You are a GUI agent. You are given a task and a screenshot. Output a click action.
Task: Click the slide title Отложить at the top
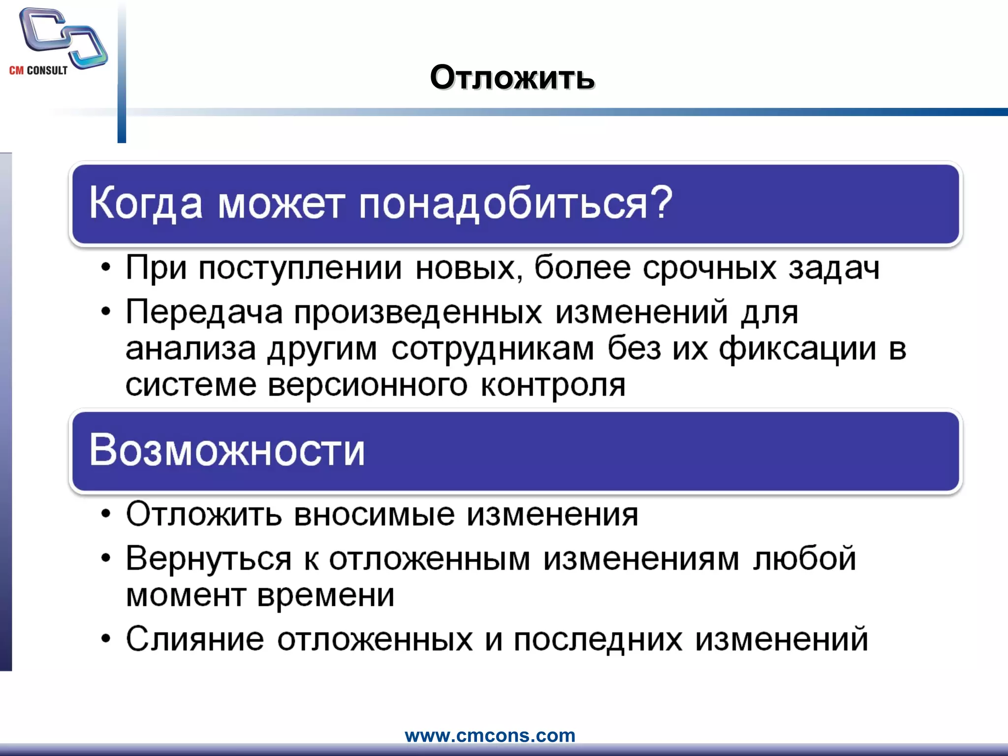512,78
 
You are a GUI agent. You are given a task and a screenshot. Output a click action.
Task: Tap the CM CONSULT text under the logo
38,70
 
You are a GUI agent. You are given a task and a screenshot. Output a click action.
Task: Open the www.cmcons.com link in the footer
490,735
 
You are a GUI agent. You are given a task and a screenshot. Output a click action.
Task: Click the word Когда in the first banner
146,203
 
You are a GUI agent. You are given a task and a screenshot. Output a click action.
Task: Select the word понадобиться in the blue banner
502,203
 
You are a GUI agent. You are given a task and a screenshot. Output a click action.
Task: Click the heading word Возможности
227,450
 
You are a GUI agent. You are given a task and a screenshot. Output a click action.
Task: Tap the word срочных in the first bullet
709,268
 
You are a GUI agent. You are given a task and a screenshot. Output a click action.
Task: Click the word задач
834,268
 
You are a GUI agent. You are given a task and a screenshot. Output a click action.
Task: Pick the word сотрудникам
492,348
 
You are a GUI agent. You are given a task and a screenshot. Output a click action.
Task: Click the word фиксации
797,348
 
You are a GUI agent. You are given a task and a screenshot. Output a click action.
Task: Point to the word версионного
367,385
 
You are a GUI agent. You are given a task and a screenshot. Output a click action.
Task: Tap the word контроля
553,385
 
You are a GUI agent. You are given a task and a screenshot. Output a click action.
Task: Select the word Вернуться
209,559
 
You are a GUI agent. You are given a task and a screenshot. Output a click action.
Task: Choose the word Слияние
195,639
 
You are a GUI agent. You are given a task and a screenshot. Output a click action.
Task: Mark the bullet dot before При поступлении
105,269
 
